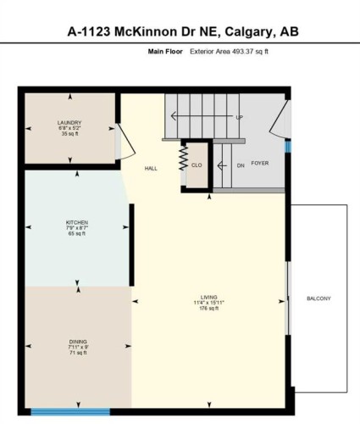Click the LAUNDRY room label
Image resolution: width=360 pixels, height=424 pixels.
(x=69, y=123)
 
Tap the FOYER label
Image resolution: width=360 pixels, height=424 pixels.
(x=260, y=163)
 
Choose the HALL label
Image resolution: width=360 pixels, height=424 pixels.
(x=151, y=168)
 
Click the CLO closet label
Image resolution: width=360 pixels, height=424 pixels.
(x=196, y=165)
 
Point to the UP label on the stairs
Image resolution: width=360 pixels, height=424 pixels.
(x=239, y=117)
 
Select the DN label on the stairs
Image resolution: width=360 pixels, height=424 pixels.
(x=241, y=165)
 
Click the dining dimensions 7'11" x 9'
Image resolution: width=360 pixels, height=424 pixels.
(x=78, y=347)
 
